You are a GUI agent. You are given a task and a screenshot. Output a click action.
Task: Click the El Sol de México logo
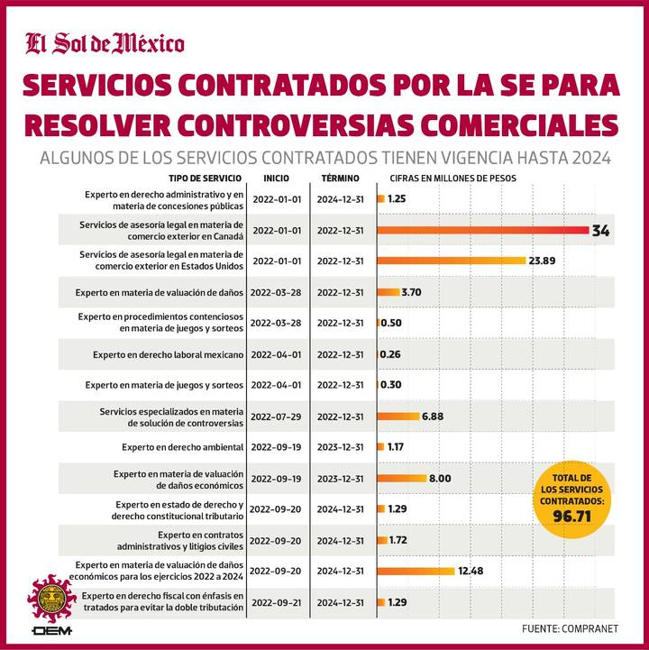(105, 42)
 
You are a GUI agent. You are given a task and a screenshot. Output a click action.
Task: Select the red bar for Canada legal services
(483, 230)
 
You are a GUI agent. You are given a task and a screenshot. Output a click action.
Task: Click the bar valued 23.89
(451, 261)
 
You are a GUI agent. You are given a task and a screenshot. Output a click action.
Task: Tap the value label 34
(600, 231)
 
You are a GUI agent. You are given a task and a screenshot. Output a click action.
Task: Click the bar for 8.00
(401, 478)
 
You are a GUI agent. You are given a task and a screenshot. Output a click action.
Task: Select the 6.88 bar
(398, 416)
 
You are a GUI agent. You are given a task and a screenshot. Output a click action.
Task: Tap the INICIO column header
(277, 179)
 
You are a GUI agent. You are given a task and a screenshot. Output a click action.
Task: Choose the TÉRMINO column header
(339, 179)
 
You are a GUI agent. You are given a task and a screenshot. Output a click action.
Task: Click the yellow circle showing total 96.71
(571, 498)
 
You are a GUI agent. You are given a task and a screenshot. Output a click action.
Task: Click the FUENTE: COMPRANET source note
(570, 628)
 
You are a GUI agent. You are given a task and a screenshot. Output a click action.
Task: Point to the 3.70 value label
(411, 292)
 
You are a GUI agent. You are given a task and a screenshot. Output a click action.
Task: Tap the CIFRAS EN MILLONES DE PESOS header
(452, 179)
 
